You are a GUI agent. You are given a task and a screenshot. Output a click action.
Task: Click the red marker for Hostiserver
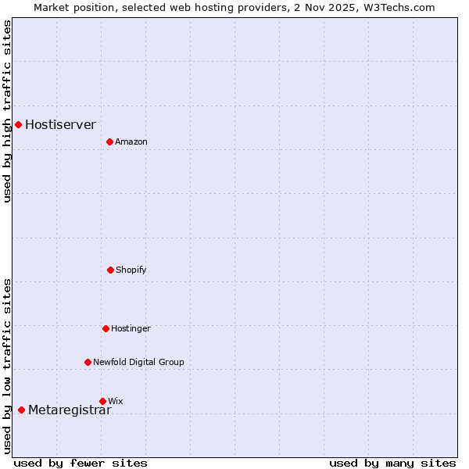tap(18, 124)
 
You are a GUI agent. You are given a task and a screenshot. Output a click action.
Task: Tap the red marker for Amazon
tap(109, 141)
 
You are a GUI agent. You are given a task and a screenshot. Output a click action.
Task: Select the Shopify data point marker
tap(110, 270)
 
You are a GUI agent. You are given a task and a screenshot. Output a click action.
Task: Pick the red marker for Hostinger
tap(106, 328)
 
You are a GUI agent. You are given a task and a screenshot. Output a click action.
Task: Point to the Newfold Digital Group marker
tap(88, 362)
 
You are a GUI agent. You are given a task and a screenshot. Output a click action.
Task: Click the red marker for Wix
tap(102, 401)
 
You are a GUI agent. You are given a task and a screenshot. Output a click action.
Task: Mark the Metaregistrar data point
tap(21, 410)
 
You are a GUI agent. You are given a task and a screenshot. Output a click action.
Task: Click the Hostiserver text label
tap(60, 124)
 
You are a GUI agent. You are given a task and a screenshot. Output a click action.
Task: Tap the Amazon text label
tap(131, 141)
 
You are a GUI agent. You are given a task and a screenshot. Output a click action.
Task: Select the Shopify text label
tap(131, 270)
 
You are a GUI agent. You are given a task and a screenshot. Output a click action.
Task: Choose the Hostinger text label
tap(131, 328)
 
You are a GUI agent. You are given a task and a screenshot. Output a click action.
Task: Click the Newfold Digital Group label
tap(138, 362)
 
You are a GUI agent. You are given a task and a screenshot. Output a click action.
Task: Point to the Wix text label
tap(116, 401)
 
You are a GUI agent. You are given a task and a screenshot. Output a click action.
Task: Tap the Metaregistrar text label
tap(70, 410)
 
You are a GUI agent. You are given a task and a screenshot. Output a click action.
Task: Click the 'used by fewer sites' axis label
tap(81, 463)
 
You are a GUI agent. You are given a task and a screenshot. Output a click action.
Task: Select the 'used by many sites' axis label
tap(392, 463)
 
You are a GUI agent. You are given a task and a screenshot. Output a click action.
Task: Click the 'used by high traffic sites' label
tap(7, 111)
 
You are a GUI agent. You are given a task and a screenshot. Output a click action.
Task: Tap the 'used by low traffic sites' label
tap(7, 365)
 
